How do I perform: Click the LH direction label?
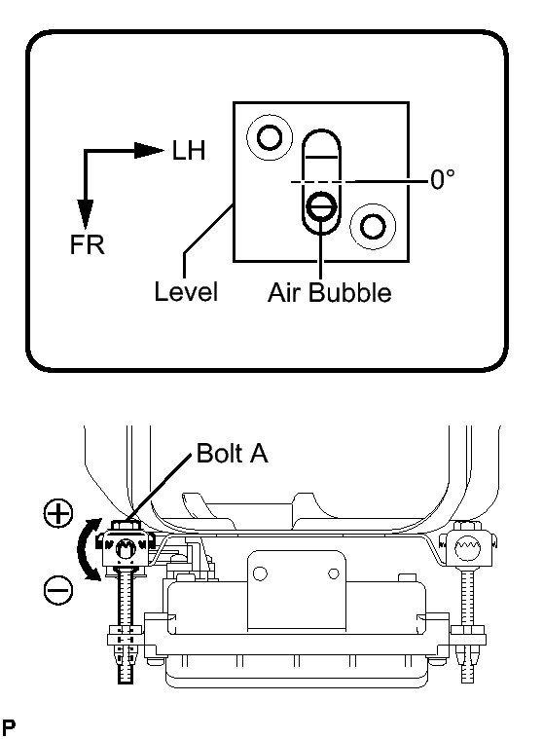pyautogui.click(x=189, y=151)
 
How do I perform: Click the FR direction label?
pyautogui.click(x=88, y=245)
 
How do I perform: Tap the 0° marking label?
pyautogui.click(x=443, y=179)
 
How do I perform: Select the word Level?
pyautogui.click(x=186, y=292)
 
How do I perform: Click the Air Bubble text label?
pyautogui.click(x=330, y=293)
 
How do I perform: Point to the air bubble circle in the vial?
pyautogui.click(x=321, y=206)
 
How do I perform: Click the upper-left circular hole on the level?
pyautogui.click(x=270, y=137)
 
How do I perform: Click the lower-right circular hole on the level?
pyautogui.click(x=373, y=226)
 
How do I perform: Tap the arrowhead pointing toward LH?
pyautogui.click(x=149, y=150)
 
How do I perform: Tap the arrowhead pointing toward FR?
pyautogui.click(x=86, y=215)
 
